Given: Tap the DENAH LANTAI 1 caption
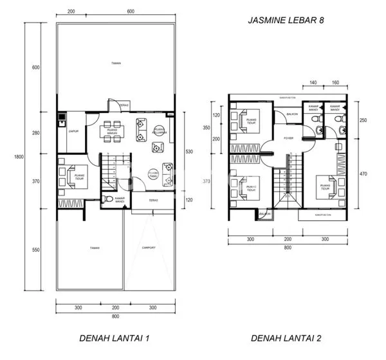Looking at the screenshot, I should coord(115,337).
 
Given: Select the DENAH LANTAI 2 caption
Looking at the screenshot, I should coord(285,337).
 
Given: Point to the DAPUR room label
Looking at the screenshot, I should coord(73,130).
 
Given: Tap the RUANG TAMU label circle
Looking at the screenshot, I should coord(153,173).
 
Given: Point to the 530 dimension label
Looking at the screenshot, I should coord(188,152).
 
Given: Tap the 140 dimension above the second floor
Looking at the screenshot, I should coord(313,83).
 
